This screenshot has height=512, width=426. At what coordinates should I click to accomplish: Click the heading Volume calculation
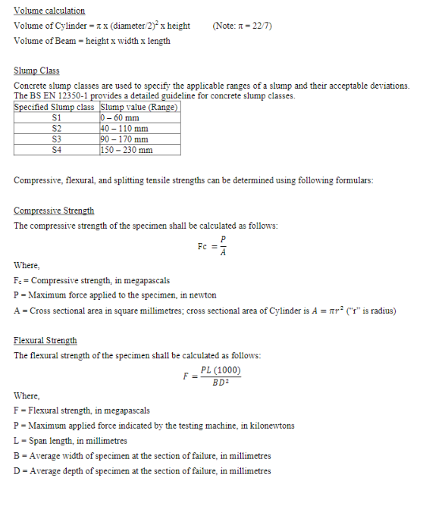pos(49,11)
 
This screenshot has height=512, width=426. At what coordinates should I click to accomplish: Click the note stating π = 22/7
pos(243,26)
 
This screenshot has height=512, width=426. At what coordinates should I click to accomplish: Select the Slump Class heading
pos(36,70)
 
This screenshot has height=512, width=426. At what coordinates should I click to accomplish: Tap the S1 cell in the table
pos(56,117)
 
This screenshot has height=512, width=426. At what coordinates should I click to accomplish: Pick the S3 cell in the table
pos(56,139)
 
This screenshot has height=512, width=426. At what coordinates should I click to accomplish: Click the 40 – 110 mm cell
pos(124,128)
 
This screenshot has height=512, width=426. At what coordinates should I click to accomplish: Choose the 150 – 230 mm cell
pos(127,149)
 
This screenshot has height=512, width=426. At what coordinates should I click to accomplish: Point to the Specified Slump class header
pos(56,107)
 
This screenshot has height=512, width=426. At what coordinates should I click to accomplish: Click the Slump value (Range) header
pos(139,107)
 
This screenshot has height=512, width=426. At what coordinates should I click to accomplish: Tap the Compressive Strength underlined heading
pos(54,210)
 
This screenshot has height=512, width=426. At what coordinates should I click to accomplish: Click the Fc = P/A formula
pos(212,247)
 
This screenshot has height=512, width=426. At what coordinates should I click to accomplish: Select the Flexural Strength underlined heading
pos(45,340)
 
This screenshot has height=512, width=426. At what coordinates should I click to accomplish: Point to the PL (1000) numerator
pos(221,370)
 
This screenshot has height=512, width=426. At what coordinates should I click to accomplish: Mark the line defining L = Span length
pos(70,440)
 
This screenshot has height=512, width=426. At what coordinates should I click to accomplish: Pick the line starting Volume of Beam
pos(92,41)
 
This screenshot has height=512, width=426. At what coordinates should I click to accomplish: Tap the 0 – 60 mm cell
pos(120,117)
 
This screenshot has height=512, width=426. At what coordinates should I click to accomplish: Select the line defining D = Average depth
pos(143,470)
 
